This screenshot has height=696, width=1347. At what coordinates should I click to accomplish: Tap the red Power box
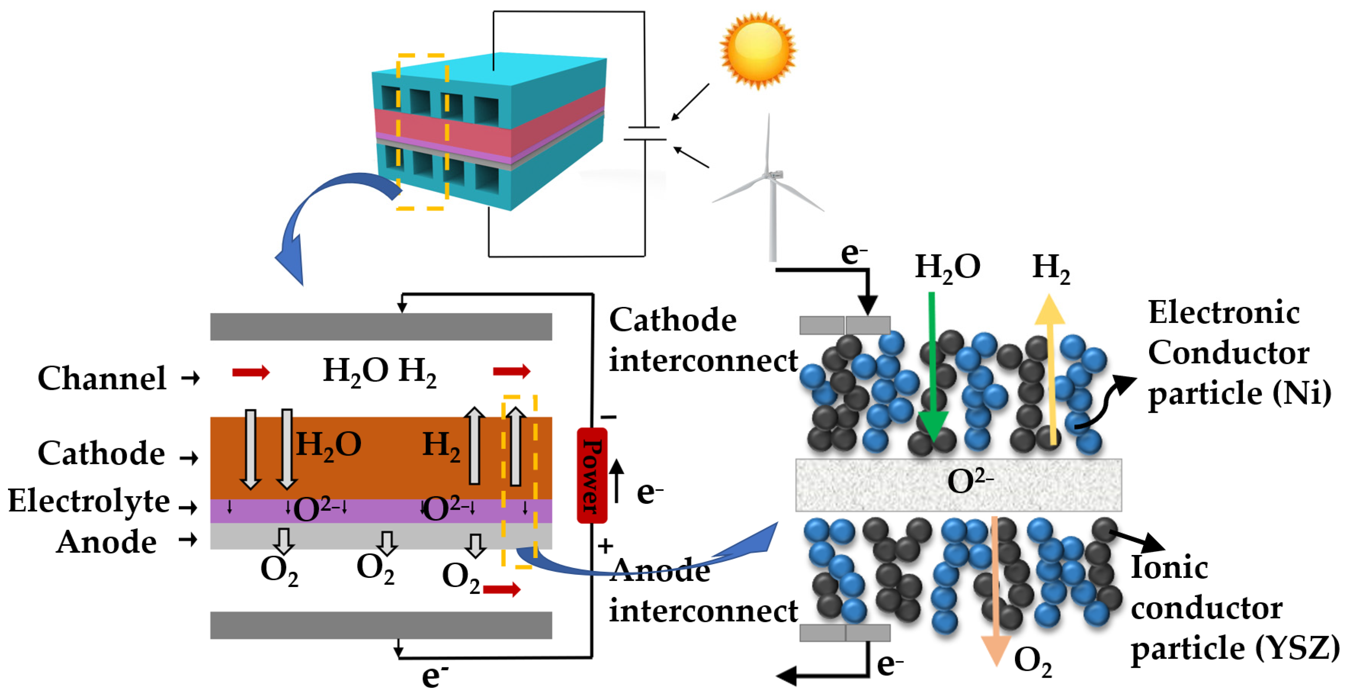592,475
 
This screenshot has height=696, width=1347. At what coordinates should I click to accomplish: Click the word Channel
102,378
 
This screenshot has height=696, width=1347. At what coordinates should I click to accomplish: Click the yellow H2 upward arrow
1051,366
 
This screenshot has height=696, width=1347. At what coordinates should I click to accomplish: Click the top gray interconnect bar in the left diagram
380,326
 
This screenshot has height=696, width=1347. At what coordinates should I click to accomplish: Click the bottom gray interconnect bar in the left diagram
380,625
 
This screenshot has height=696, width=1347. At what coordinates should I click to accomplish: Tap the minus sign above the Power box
608,417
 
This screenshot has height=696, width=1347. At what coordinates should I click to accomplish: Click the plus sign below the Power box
606,546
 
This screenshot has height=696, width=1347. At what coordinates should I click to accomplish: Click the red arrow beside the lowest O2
502,590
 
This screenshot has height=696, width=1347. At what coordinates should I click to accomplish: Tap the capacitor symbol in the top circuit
645,133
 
